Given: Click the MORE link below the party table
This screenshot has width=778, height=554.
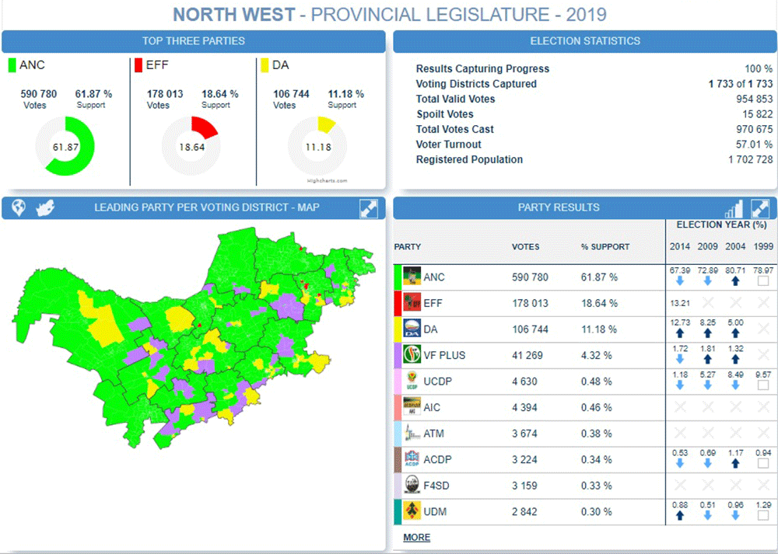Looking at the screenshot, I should [416, 538].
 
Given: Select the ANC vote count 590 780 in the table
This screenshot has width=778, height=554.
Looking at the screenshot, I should [530, 277].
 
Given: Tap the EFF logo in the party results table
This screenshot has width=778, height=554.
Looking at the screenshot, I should [412, 302].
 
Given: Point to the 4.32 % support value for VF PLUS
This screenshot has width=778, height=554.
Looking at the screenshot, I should [599, 356].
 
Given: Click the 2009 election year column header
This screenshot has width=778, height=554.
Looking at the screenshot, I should [707, 246].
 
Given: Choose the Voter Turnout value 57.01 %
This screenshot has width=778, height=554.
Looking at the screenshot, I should [751, 145].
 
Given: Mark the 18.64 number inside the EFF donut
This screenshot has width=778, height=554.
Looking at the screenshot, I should [191, 147].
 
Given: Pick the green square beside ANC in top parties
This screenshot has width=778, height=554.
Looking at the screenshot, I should [12, 65].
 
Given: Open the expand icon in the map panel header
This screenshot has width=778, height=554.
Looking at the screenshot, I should [369, 208].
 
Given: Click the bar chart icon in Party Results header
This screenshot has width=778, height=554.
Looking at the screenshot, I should [734, 208].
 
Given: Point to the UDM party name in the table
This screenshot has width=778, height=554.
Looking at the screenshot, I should [435, 512].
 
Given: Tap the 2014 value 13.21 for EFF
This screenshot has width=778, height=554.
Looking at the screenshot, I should [679, 303].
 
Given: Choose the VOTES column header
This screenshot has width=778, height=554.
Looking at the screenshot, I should [525, 247].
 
